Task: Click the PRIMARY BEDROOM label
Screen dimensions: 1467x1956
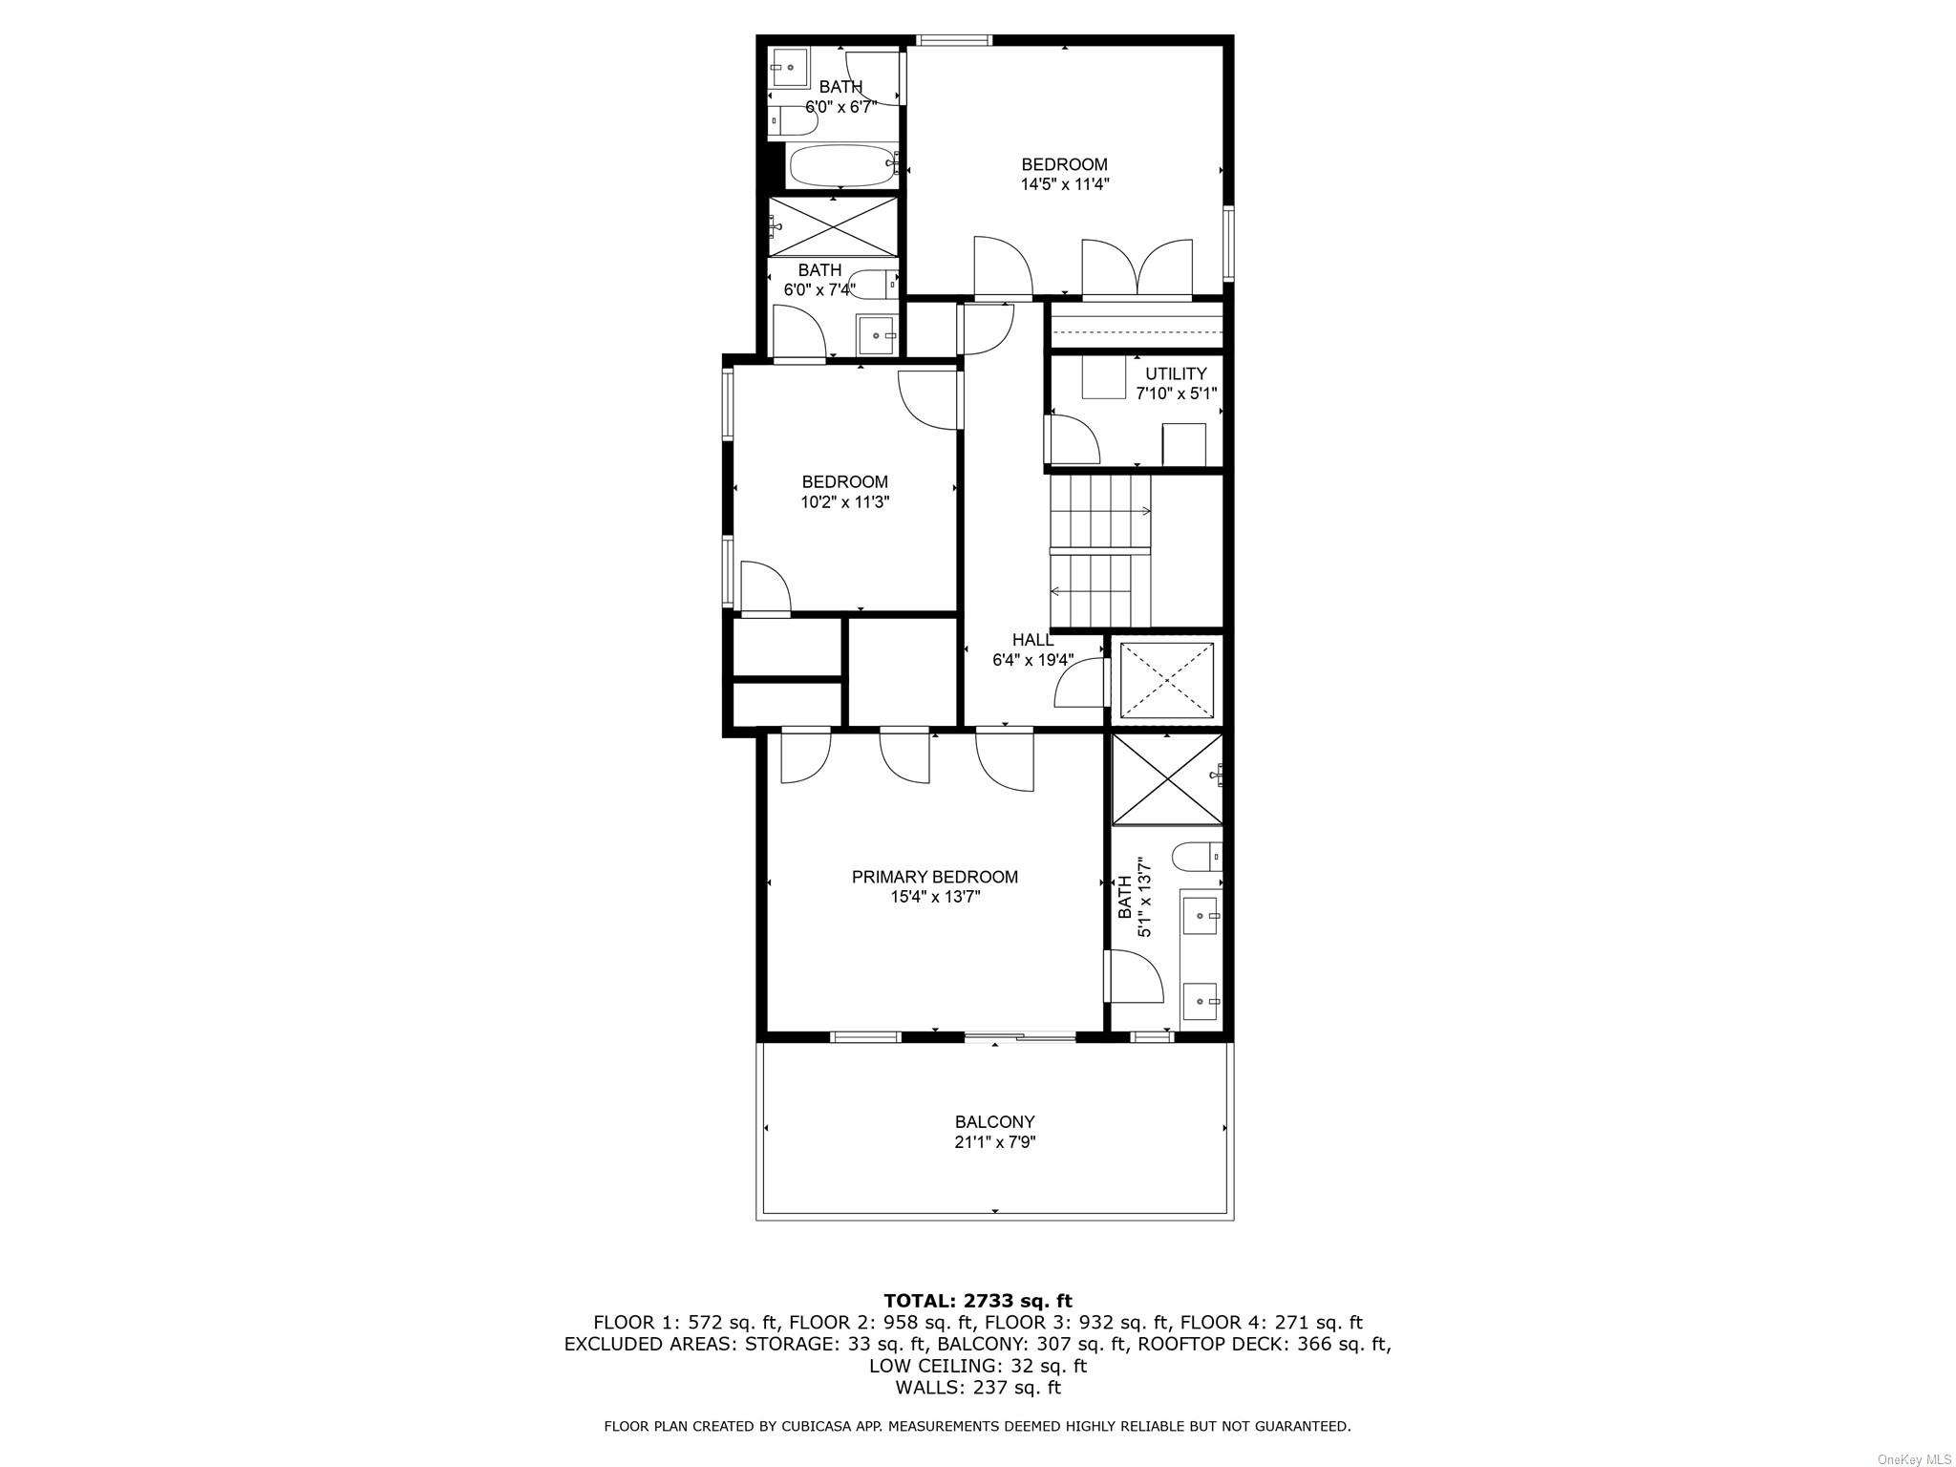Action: point(934,877)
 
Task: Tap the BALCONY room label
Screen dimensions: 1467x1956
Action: point(994,1122)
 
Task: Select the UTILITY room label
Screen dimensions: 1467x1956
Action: point(1176,373)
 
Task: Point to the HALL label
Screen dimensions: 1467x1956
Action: point(1032,640)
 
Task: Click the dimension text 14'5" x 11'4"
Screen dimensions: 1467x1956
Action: point(1064,184)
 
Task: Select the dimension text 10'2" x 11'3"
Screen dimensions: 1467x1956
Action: point(844,502)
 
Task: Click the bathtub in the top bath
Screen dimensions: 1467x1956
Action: point(841,167)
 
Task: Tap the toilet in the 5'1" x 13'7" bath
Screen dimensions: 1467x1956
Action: point(1196,856)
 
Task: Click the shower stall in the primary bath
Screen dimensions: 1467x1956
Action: point(1166,778)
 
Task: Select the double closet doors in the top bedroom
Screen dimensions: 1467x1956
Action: point(1137,268)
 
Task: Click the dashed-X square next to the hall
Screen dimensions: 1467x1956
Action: point(1166,680)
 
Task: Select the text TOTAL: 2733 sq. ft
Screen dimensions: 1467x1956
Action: point(977,1301)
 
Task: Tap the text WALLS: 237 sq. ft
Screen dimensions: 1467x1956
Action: point(977,1388)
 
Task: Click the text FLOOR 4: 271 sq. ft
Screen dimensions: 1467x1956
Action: point(1270,1323)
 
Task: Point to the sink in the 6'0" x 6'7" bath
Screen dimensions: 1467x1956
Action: point(791,68)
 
